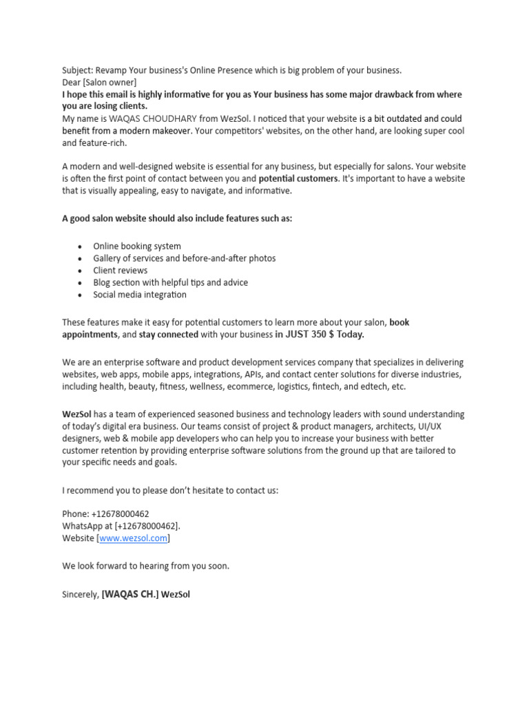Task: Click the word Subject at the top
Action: click(76, 70)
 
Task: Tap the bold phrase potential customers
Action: click(298, 179)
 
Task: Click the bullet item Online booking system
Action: click(137, 246)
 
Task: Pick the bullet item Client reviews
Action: click(121, 271)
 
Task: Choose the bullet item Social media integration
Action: click(140, 295)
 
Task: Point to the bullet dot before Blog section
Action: click(81, 283)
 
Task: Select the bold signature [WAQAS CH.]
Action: click(130, 593)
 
